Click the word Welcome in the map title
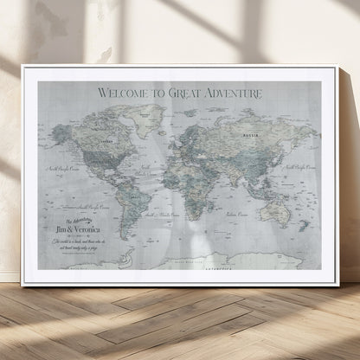coord(125,92)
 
